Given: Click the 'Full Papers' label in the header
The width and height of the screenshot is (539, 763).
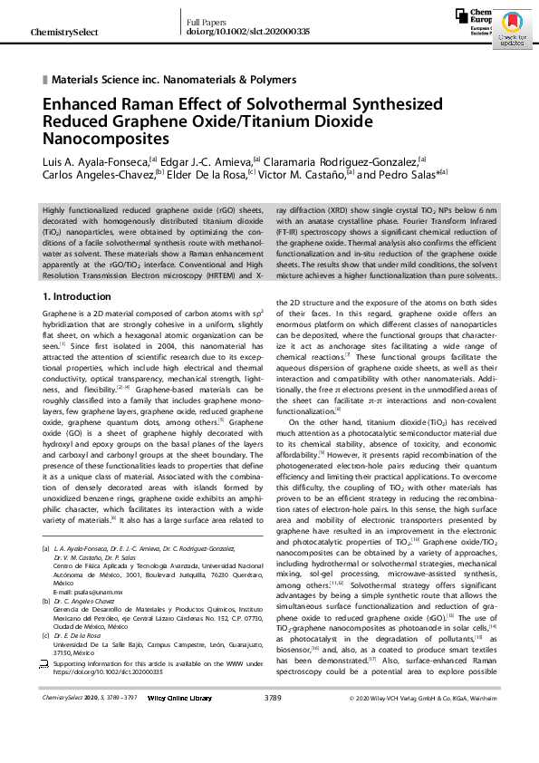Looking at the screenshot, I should pyautogui.click(x=207, y=20).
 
